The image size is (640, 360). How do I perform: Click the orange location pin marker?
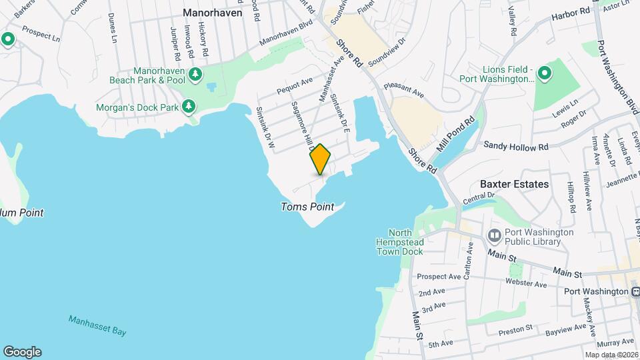click(x=320, y=159)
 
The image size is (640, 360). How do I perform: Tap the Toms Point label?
click(x=307, y=207)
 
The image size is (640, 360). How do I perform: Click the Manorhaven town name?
click(x=213, y=13)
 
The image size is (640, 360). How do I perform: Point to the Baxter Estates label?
click(x=514, y=184)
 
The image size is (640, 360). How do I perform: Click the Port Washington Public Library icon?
click(x=495, y=235)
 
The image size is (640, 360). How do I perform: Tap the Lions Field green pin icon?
click(x=544, y=73)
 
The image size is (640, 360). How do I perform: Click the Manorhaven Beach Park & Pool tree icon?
click(x=195, y=75)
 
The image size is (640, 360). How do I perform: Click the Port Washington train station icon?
click(x=635, y=291)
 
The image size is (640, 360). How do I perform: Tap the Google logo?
click(x=22, y=351)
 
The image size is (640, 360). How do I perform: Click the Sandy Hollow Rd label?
click(x=515, y=145)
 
